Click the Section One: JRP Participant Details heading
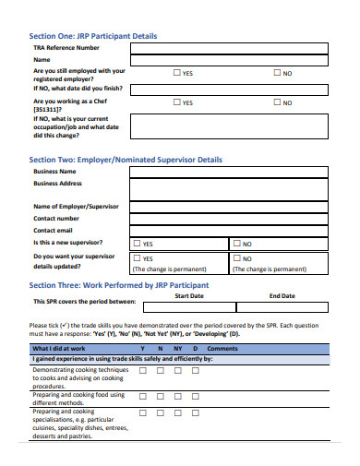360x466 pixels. coord(93,36)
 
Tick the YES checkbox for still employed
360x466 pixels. coord(177,73)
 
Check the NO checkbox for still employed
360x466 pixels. coord(277,73)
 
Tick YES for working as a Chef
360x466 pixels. coord(177,103)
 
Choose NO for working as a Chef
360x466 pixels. coord(277,103)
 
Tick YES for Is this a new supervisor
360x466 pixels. coord(138,244)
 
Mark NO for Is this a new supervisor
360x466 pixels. coord(237,244)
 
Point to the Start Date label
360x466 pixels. coord(188,296)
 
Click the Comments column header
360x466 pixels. coord(222,348)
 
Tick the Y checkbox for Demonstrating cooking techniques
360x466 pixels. coord(143,370)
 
